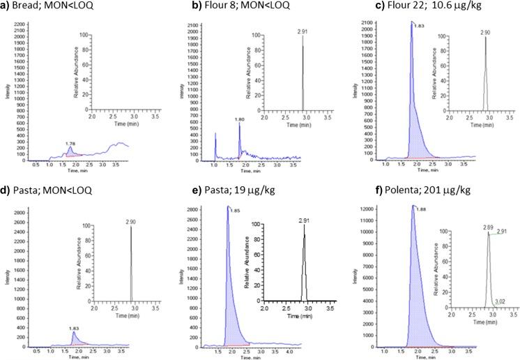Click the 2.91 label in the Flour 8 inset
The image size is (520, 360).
point(282,31)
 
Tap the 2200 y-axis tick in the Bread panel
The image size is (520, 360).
point(17,25)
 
